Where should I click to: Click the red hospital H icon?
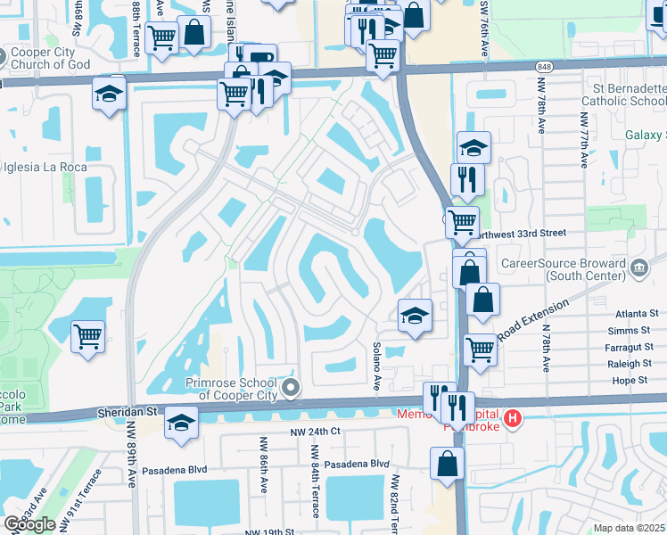point(512,418)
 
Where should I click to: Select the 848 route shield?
point(543,67)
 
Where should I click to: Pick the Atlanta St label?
point(640,314)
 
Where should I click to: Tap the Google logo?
point(29,524)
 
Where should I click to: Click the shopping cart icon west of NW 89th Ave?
point(88,337)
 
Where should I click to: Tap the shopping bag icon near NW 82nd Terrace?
point(447,464)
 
